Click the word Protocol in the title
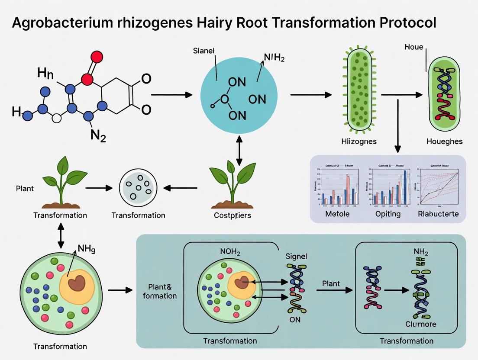[398, 23]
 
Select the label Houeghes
[445, 141]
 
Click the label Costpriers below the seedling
[233, 215]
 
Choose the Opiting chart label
[388, 214]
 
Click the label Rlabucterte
[438, 214]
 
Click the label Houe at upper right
[413, 47]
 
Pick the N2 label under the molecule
[99, 136]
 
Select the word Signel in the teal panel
[296, 256]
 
